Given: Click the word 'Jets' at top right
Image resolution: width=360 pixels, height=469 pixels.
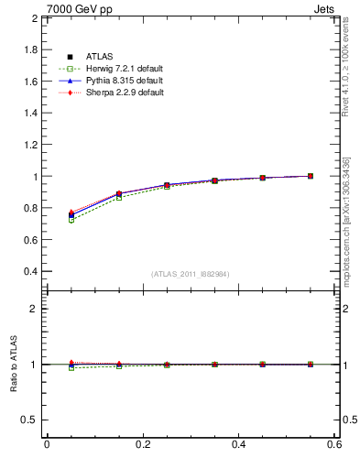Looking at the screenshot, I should tap(325, 8).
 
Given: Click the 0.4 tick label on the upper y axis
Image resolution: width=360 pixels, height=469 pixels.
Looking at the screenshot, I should tap(29, 272).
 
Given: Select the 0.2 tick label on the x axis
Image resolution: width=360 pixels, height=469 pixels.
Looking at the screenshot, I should tap(143, 444).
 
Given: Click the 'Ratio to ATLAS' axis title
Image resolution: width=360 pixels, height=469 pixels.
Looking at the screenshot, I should tap(12, 365).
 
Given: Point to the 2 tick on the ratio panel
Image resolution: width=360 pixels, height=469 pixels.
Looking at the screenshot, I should tap(34, 309).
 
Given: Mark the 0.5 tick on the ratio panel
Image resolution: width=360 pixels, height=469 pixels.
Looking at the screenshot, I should tap(29, 420).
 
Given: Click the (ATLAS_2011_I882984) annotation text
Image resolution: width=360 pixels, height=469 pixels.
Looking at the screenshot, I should tap(191, 274).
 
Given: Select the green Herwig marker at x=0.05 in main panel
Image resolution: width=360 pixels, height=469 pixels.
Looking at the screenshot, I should tap(71, 220).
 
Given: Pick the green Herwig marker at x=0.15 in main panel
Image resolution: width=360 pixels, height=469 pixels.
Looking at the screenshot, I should tap(119, 198).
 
